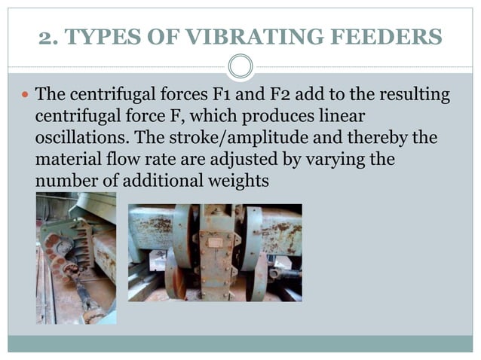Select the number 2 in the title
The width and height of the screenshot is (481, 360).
(44, 37)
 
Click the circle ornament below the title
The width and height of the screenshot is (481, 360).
(240, 67)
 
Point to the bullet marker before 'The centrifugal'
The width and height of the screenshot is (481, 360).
(24, 96)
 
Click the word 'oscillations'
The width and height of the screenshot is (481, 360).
(75, 139)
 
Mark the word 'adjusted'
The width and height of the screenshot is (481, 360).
(271, 161)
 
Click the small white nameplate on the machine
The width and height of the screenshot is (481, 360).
(215, 242)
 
